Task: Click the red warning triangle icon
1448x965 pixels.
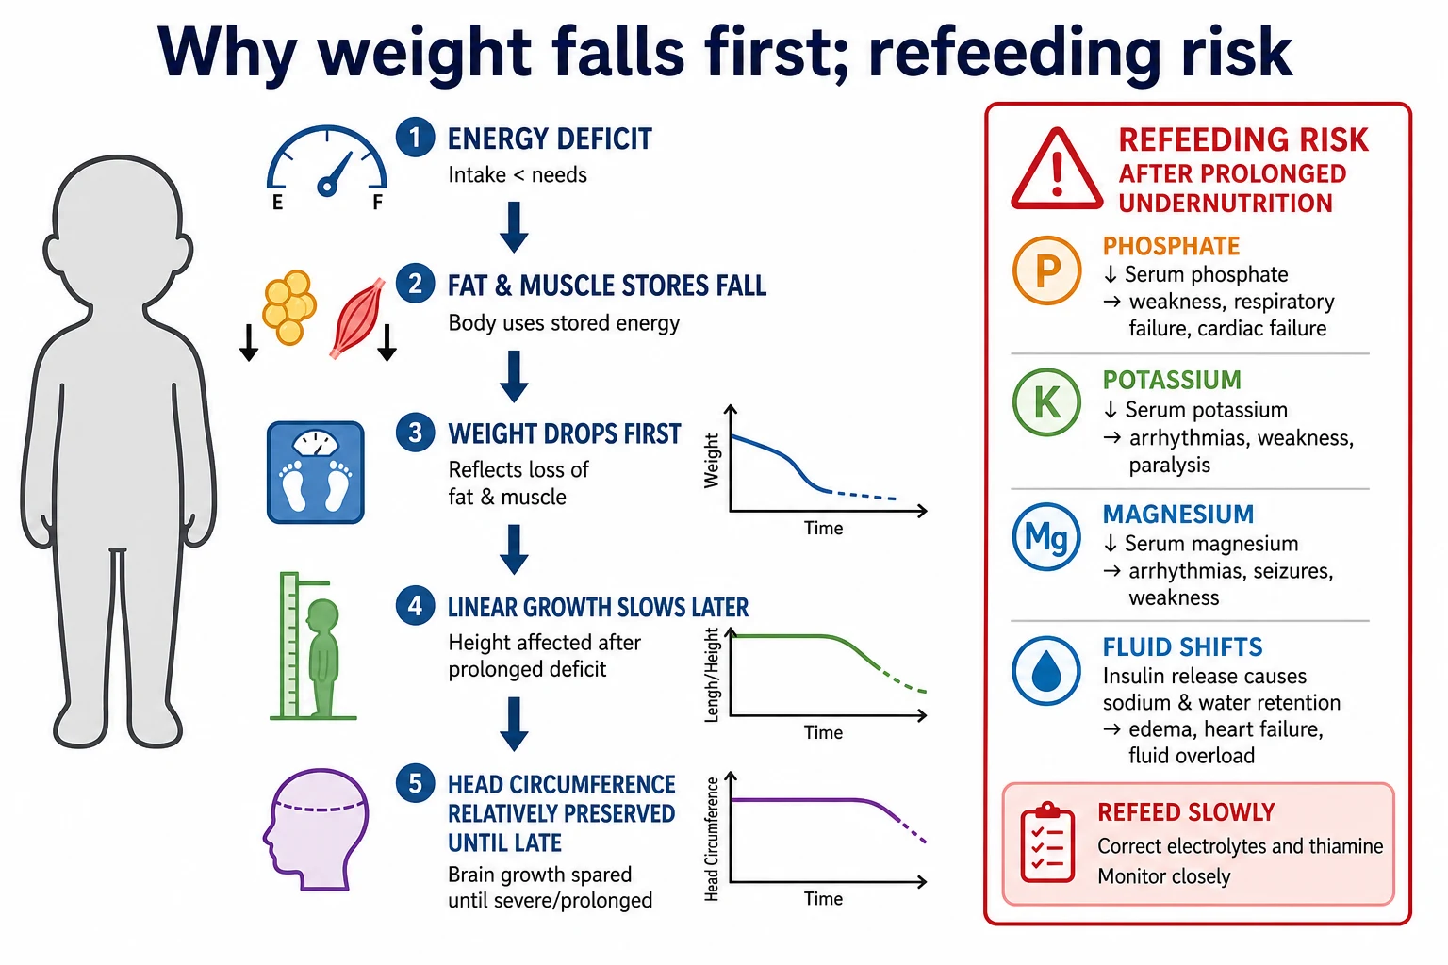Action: (x=1056, y=169)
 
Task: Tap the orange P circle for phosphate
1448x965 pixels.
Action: (x=1046, y=270)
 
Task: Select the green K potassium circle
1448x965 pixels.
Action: (x=1046, y=402)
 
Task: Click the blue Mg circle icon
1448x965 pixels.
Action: (x=1046, y=536)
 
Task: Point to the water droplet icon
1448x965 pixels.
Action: (x=1046, y=670)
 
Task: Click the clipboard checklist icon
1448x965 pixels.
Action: (x=1047, y=842)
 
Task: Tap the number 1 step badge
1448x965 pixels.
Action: (x=415, y=137)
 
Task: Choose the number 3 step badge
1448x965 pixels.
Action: (x=415, y=433)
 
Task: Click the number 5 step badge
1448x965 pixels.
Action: (x=415, y=783)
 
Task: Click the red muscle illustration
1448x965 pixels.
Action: (x=357, y=318)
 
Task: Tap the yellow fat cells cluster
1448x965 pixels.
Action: (x=289, y=306)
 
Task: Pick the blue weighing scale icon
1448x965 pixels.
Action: (x=316, y=472)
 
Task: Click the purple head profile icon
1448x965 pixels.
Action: (x=316, y=829)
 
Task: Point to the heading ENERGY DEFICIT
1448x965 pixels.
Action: (x=550, y=139)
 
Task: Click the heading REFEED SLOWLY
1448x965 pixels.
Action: (x=1186, y=811)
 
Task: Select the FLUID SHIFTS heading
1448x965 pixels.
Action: (x=1182, y=647)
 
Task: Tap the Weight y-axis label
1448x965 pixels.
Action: (x=711, y=461)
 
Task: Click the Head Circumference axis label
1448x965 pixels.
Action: (x=711, y=839)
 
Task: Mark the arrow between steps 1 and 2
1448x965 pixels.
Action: (x=514, y=227)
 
